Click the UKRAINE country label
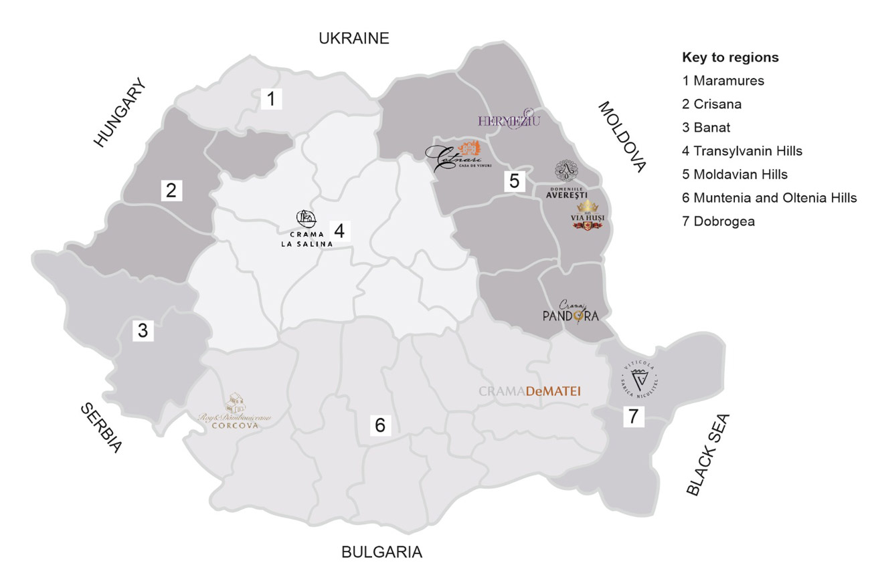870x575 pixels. point(353,38)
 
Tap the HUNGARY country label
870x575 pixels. point(120,112)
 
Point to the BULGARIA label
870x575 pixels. point(381,552)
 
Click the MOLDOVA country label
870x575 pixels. point(622,137)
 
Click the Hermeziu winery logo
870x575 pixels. point(509,120)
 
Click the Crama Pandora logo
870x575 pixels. point(570,312)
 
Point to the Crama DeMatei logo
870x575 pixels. point(529,392)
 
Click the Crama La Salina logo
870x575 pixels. point(306,229)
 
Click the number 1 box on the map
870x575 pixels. point(270,100)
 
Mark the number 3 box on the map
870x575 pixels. point(143,330)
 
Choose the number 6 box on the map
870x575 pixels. point(380,425)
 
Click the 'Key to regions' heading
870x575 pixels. point(730,57)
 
